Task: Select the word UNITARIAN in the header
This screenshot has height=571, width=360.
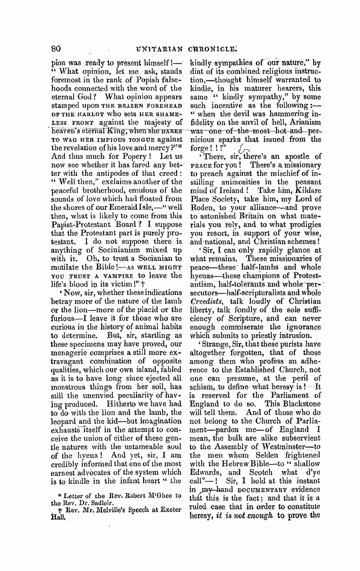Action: point(156,50)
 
